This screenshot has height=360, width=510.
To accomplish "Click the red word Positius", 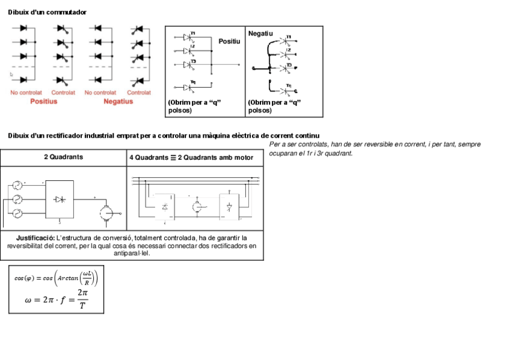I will [44, 102].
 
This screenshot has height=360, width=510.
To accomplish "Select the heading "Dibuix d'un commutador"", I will [47, 12].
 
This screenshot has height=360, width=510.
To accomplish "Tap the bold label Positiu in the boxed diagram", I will [229, 41].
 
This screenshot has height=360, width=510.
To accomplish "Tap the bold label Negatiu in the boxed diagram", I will [260, 33].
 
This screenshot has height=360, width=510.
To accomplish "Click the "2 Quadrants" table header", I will [63, 157].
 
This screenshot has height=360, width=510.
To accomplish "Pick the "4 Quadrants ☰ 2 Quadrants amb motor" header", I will [195, 157].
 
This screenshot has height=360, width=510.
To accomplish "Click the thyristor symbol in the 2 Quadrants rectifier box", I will [60, 199].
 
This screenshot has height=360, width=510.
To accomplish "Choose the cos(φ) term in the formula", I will [25, 278].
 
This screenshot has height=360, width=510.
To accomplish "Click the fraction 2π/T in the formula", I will [82, 299].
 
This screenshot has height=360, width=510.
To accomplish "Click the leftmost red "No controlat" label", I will [26, 93].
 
